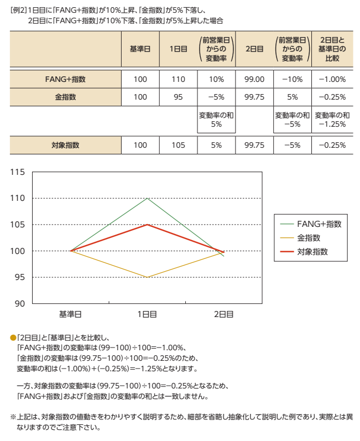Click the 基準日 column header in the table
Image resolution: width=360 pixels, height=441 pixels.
(x=140, y=49)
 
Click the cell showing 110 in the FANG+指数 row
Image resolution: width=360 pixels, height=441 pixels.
(x=178, y=79)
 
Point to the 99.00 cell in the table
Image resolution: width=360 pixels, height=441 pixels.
(x=254, y=79)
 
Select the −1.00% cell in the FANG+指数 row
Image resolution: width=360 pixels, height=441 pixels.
(x=332, y=79)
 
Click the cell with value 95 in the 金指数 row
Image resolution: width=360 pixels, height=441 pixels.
(x=178, y=97)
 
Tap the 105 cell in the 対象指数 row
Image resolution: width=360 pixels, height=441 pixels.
(x=178, y=145)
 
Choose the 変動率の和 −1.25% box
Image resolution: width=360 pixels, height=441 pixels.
(x=332, y=120)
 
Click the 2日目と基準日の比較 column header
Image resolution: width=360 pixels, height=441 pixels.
(x=332, y=49)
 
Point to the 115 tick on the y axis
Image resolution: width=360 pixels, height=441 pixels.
(x=18, y=172)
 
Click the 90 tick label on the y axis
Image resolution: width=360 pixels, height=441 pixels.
(x=20, y=303)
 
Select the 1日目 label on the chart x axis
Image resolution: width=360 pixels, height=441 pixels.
(x=147, y=314)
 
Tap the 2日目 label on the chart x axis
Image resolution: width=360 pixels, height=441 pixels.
(x=223, y=314)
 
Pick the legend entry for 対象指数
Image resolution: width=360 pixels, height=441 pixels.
(x=312, y=251)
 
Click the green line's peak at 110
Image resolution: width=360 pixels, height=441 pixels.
(x=147, y=198)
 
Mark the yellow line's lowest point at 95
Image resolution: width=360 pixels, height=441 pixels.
(x=147, y=277)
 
